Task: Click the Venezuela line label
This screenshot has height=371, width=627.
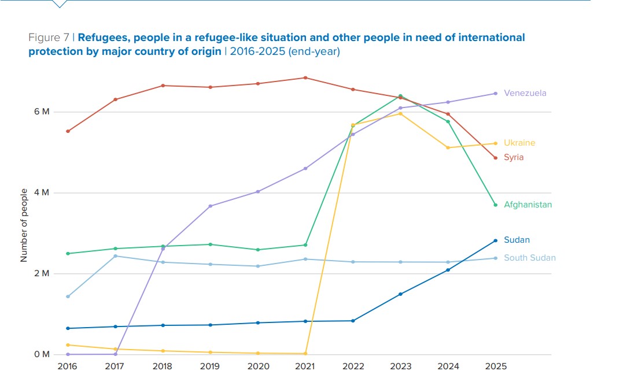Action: tap(525, 93)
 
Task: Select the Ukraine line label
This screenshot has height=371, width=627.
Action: tap(519, 143)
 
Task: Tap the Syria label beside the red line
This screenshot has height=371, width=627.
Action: tap(514, 157)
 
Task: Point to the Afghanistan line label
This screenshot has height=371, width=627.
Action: tap(528, 205)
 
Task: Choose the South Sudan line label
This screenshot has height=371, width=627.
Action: tap(529, 258)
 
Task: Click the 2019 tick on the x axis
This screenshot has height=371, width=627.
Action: tap(210, 366)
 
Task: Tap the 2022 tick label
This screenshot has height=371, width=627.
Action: tap(353, 366)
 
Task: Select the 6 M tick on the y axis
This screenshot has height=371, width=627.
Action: tap(42, 112)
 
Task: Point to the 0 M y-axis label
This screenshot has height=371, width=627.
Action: tap(42, 354)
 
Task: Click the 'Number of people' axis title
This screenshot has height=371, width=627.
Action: tap(24, 225)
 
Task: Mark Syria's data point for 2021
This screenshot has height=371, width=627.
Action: tap(305, 78)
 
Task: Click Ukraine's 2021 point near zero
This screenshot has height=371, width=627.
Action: tap(305, 354)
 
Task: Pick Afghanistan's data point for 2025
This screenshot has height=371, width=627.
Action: tap(496, 205)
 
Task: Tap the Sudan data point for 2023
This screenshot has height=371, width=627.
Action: tap(400, 294)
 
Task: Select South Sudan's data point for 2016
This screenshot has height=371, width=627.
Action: tap(68, 296)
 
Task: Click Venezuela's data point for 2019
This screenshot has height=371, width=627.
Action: tap(211, 206)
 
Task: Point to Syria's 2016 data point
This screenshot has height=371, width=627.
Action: tap(68, 131)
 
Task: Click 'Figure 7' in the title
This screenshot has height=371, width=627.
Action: tap(49, 38)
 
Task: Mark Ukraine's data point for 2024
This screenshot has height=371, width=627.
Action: tap(448, 148)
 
